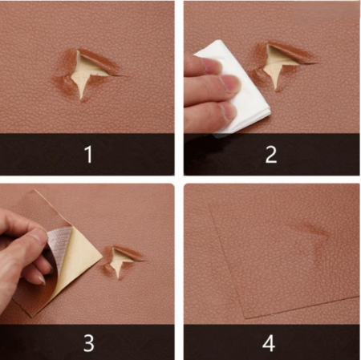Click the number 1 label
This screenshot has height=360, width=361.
pos(88,154)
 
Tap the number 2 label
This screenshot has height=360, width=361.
pos(271,154)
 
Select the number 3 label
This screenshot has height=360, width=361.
pos(89,343)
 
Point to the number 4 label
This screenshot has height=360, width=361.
pos(269,343)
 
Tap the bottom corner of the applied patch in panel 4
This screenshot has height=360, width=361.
pos(245,318)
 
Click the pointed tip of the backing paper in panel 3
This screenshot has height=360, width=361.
pos(103,257)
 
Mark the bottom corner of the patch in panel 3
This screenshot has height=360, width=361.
pos(32,317)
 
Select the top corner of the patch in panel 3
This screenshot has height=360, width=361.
pos(34,190)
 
